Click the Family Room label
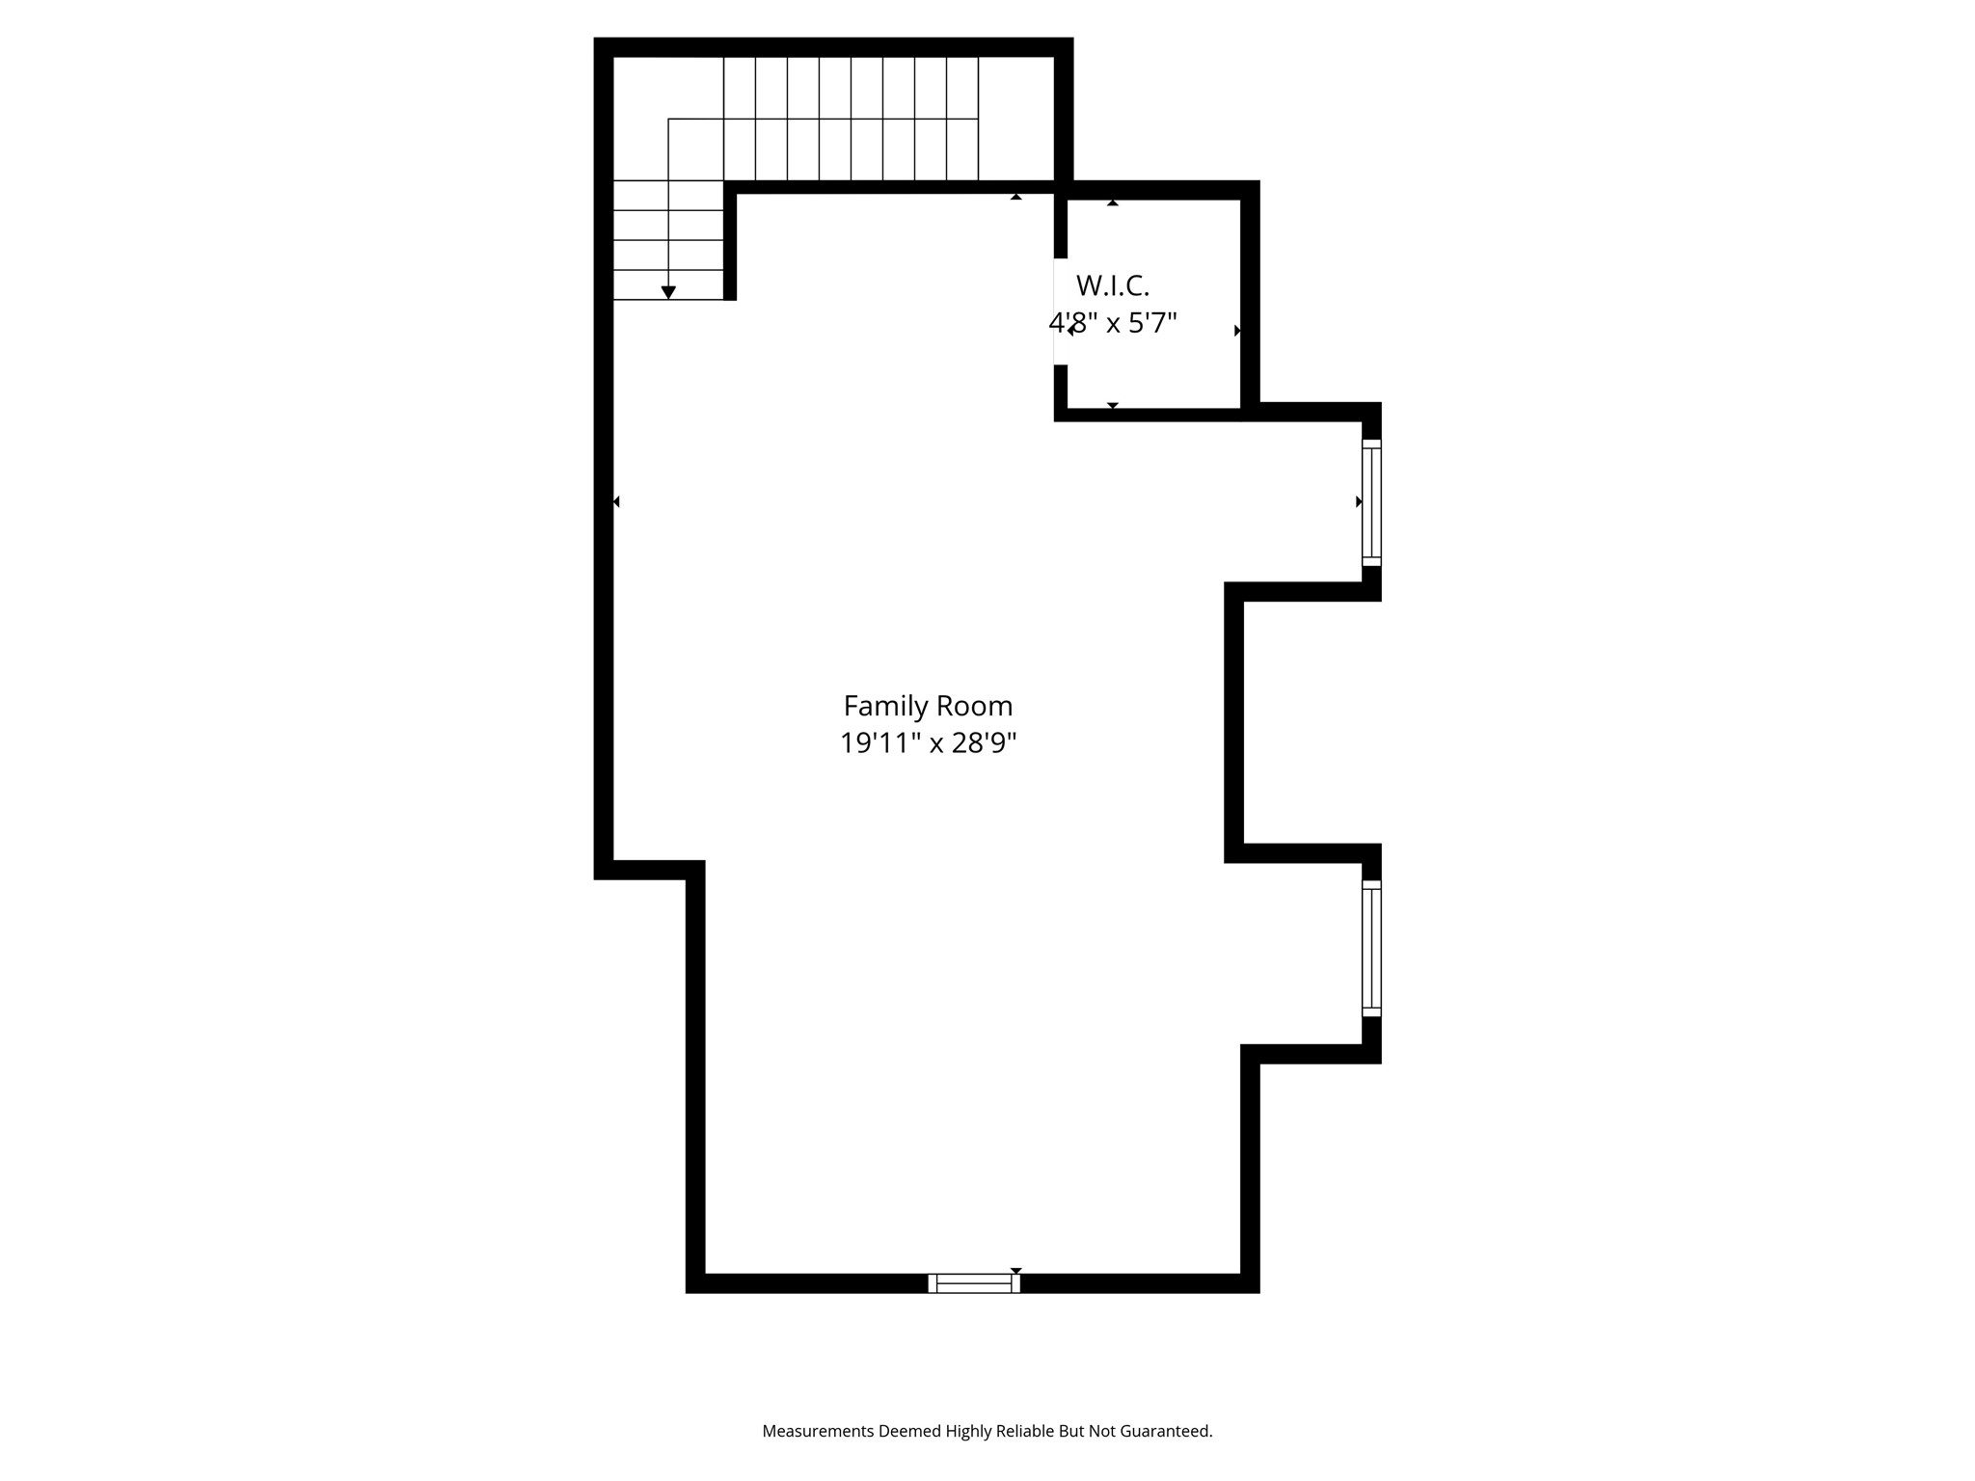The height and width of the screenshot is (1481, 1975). click(x=928, y=707)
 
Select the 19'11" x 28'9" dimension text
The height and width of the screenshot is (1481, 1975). click(x=928, y=743)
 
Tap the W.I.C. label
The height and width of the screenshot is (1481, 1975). click(x=1112, y=286)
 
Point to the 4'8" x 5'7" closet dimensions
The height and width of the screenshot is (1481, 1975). click(x=1113, y=322)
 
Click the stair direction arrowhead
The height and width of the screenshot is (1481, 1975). click(x=668, y=292)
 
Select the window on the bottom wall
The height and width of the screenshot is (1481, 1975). click(x=974, y=1282)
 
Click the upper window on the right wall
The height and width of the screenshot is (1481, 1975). click(x=1371, y=502)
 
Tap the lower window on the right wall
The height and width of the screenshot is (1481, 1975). click(x=1371, y=948)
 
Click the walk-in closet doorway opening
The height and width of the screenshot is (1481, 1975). click(x=1061, y=311)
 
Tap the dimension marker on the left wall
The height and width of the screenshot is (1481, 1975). click(x=616, y=501)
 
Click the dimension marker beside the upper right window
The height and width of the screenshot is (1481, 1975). click(x=1359, y=501)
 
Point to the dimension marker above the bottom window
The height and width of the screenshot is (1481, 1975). click(x=1015, y=1271)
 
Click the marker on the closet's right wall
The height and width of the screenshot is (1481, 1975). click(x=1237, y=331)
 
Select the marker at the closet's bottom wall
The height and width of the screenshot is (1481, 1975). click(x=1112, y=406)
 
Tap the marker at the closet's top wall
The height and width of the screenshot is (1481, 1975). click(x=1112, y=202)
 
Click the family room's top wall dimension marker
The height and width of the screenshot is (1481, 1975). click(x=1015, y=197)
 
